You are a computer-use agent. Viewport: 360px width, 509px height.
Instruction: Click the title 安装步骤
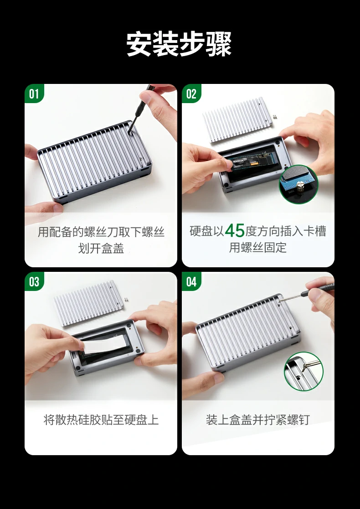tap(179, 44)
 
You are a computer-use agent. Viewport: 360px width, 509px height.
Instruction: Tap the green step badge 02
tap(191, 94)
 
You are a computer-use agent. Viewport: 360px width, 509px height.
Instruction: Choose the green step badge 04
tap(191, 282)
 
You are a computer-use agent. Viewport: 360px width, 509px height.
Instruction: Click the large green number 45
tap(235, 231)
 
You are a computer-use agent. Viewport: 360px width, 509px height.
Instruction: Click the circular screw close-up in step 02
tap(298, 184)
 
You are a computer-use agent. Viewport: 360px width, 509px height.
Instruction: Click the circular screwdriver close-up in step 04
tap(303, 371)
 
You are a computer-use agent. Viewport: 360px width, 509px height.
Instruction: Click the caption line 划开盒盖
tap(101, 249)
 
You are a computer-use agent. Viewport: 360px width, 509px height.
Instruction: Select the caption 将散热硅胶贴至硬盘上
tap(101, 420)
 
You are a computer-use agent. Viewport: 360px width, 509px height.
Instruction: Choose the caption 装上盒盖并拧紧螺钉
tap(258, 420)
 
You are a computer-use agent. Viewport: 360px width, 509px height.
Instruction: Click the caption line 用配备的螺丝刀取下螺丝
tap(101, 232)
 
